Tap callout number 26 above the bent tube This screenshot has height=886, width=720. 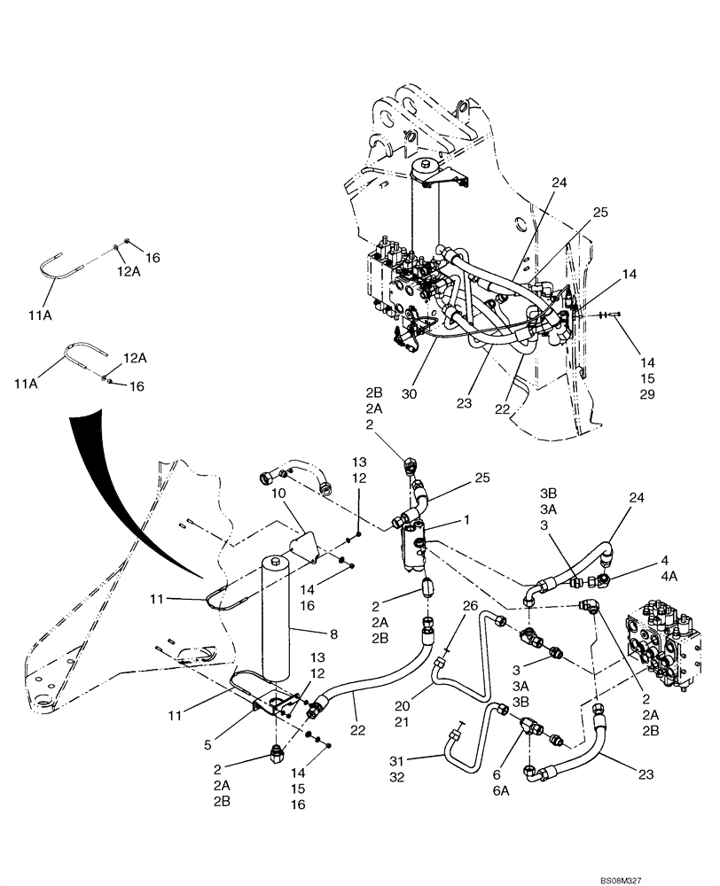coord(469,606)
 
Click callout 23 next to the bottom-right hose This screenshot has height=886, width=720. coord(646,773)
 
